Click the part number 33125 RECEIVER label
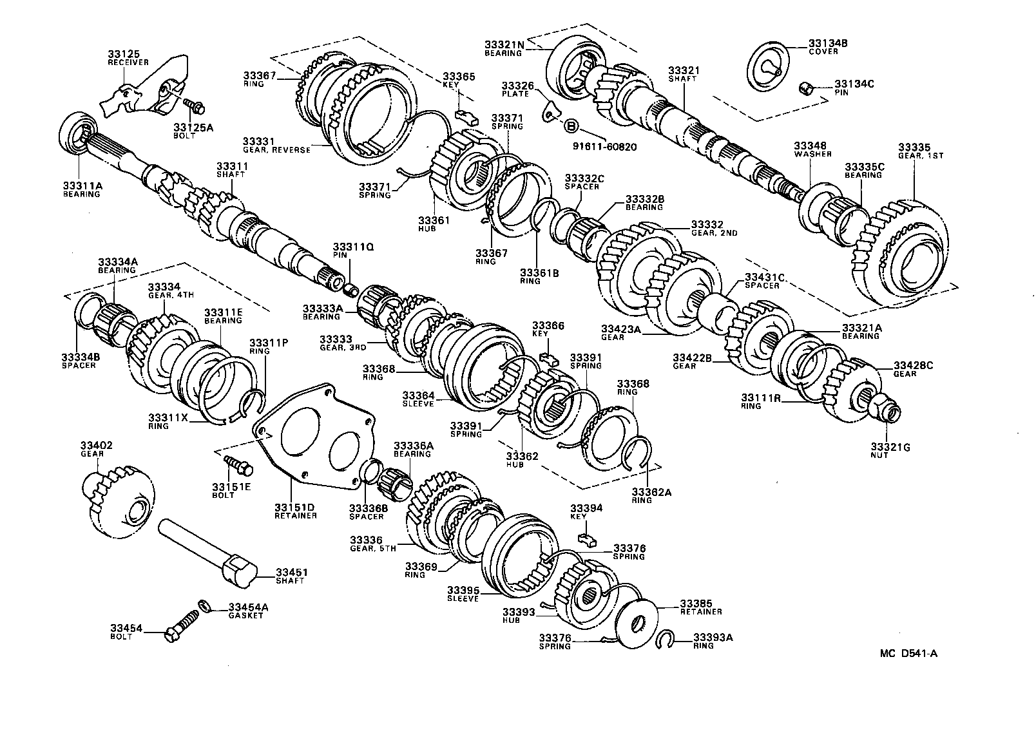coord(128,58)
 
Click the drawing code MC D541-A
coord(908,653)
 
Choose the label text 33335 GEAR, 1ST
coord(917,151)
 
